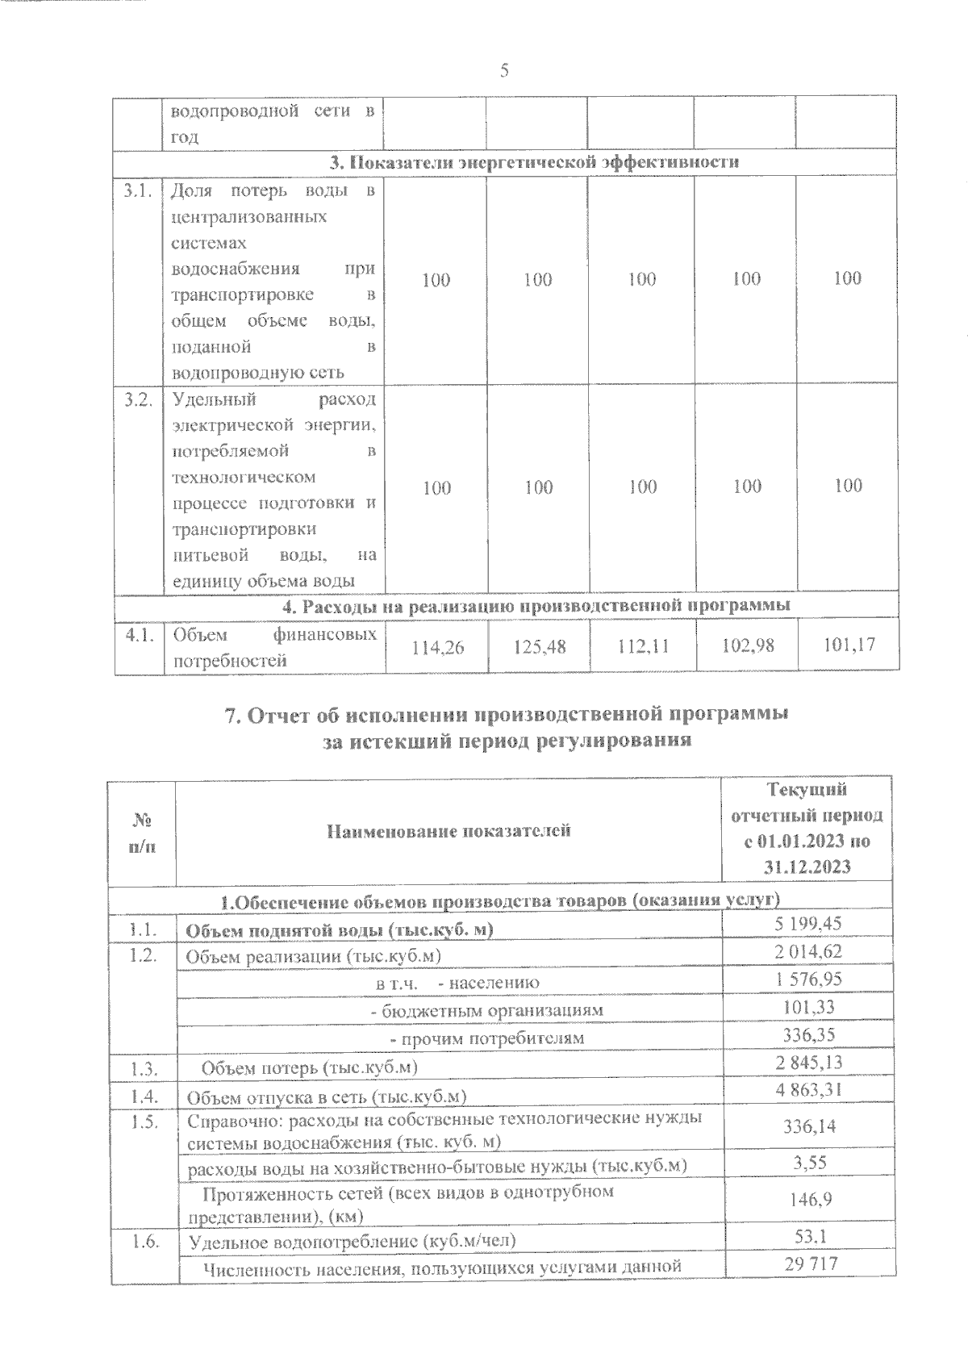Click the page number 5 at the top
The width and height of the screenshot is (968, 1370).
(x=504, y=70)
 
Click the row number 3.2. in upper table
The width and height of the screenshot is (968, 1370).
(x=138, y=400)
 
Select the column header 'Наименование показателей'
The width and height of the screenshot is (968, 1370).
(x=449, y=830)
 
